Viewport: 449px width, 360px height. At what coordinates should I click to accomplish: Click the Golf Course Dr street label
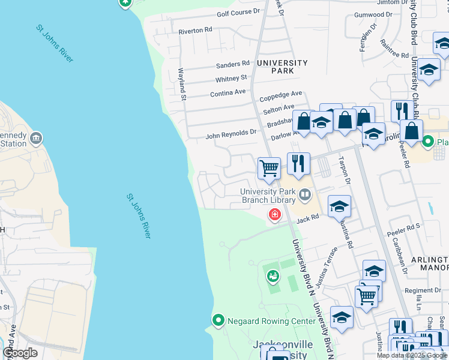[x=238, y=12]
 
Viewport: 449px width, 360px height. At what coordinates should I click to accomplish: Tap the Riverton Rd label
[x=196, y=30]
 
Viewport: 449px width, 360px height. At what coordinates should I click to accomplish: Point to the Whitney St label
[x=231, y=78]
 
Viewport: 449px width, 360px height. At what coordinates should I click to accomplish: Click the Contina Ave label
[x=228, y=93]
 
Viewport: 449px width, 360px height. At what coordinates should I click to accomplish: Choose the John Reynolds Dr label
[x=231, y=136]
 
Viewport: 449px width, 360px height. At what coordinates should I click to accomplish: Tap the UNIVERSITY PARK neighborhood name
[x=282, y=67]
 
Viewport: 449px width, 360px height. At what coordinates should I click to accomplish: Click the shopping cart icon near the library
[x=270, y=168]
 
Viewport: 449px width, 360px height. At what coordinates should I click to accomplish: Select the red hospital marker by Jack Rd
[x=276, y=214]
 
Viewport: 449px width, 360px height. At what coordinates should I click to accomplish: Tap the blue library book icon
[x=306, y=194]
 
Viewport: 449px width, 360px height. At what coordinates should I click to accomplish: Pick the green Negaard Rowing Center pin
[x=218, y=320]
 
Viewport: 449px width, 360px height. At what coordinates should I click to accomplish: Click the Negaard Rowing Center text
[x=271, y=322]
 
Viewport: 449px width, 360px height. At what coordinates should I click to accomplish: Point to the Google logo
[x=20, y=353]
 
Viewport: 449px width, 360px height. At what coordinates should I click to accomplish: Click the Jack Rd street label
[x=307, y=220]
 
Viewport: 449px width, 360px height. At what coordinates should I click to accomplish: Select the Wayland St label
[x=182, y=80]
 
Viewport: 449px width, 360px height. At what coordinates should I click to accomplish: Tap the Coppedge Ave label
[x=280, y=94]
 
